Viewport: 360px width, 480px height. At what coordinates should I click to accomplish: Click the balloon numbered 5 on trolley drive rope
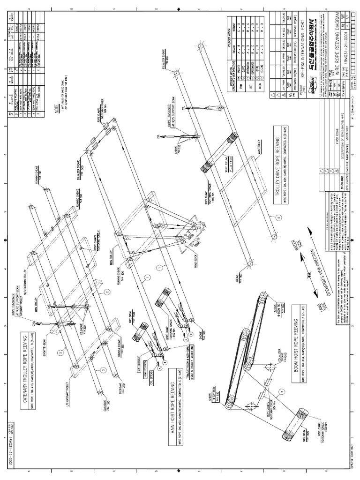pos(277,217)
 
